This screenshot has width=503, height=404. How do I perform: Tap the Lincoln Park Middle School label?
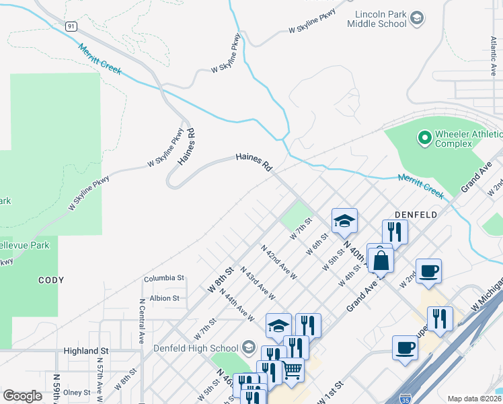377,18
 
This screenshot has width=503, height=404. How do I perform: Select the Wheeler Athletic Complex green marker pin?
424,139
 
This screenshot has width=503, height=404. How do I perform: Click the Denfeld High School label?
191,347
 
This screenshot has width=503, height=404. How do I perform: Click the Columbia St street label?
163,277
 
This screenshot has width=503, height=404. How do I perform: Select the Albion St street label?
165,298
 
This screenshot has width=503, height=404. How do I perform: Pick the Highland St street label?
86,351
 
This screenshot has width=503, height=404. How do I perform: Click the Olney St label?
77,392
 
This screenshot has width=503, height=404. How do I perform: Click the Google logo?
22,396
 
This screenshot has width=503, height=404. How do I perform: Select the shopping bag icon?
381,260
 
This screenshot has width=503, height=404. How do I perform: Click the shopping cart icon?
291,369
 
